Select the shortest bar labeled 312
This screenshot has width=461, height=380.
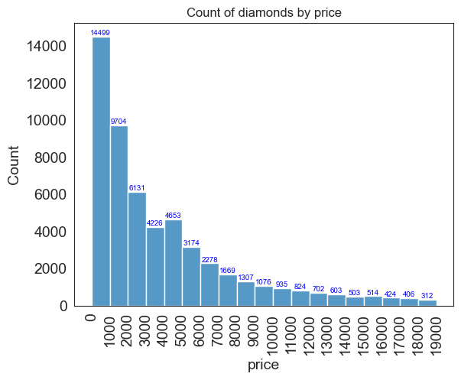pos(427,303)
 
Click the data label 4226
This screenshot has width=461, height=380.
pos(155,223)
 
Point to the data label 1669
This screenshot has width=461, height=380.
pos(228,271)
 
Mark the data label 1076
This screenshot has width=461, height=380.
pos(264,282)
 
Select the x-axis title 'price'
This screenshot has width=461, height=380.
pos(263,365)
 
